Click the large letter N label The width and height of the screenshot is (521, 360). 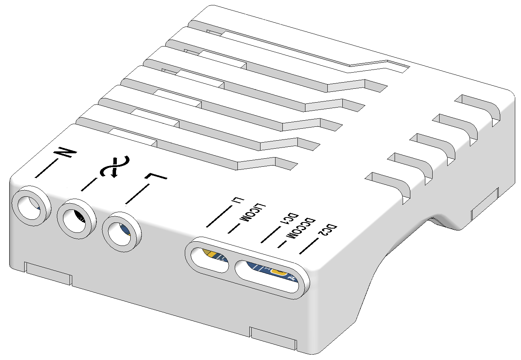click(x=65, y=152)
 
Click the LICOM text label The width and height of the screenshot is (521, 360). click(x=253, y=212)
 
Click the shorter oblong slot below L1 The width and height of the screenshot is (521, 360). click(x=209, y=260)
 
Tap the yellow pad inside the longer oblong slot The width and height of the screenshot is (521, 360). click(x=279, y=272)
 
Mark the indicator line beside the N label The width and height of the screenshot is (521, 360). click(x=46, y=168)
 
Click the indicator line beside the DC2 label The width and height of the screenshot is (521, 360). click(x=309, y=246)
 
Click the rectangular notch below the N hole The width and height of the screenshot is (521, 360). click(x=48, y=273)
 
